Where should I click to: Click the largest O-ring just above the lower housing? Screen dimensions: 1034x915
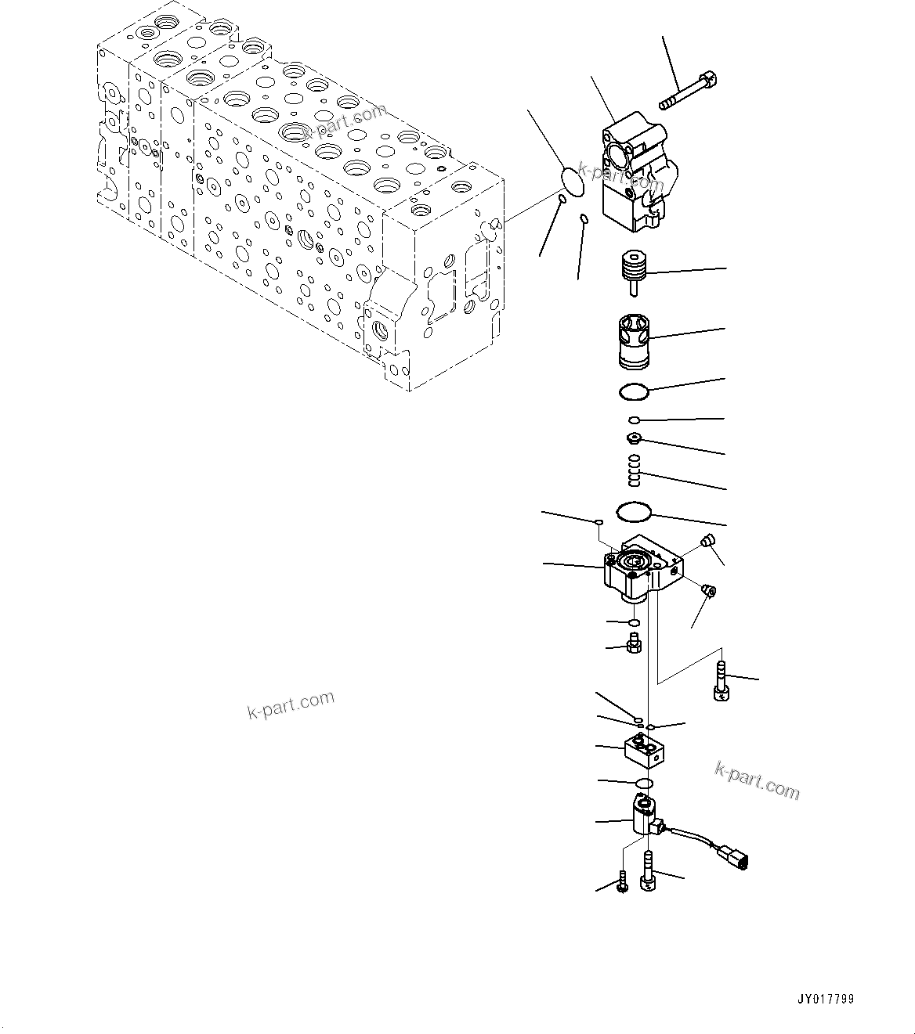click(633, 513)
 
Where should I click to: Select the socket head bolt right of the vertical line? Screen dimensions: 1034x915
click(720, 680)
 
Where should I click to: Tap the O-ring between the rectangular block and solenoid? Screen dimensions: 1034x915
click(644, 784)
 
